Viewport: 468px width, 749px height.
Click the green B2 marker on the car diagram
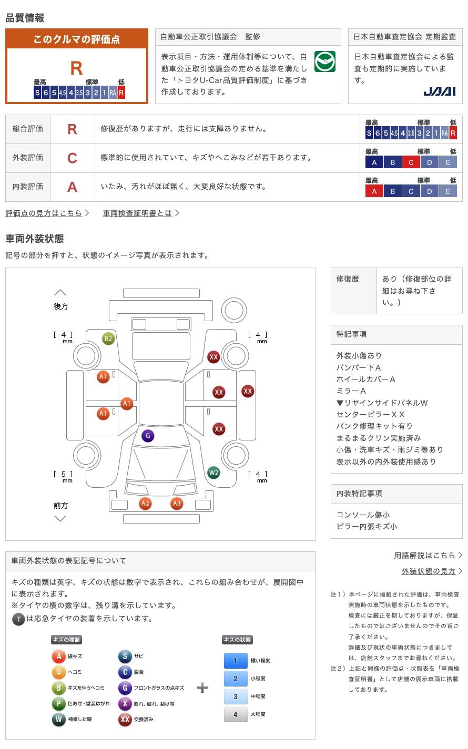[x=108, y=338]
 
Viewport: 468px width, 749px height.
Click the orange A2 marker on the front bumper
[x=145, y=503]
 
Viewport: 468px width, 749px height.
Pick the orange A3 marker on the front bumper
[x=177, y=503]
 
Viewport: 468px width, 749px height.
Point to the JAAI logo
[x=440, y=91]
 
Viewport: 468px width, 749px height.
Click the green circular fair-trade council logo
[x=325, y=61]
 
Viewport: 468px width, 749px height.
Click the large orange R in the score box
[x=76, y=68]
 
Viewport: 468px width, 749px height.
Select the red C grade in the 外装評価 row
[x=72, y=158]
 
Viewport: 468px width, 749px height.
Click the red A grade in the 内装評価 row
[x=72, y=187]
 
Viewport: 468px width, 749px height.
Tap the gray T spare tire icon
[x=18, y=619]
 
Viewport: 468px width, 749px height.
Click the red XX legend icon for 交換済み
[x=125, y=719]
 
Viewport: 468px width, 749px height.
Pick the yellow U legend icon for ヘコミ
[x=58, y=672]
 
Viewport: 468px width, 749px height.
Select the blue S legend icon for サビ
[x=125, y=656]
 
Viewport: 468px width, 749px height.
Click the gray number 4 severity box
[x=236, y=714]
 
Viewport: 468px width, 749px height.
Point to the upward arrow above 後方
[x=60, y=292]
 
